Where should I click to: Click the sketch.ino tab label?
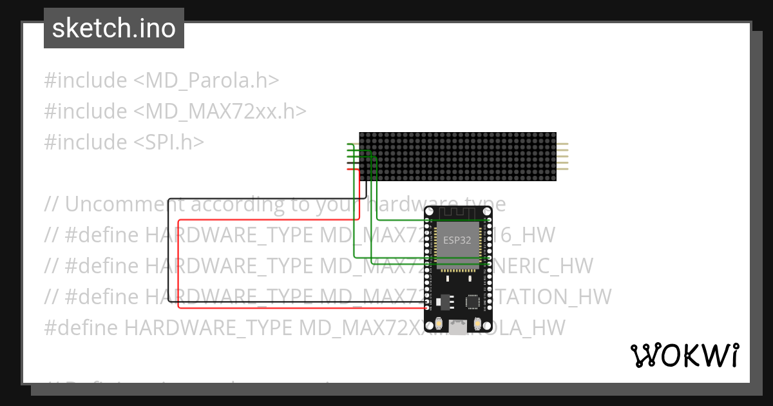point(113,28)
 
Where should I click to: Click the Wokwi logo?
point(684,355)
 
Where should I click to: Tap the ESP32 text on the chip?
point(457,240)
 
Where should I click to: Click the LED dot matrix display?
point(457,157)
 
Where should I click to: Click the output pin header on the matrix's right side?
point(562,157)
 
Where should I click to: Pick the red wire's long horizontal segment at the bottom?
point(303,308)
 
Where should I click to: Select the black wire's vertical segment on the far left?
point(167,251)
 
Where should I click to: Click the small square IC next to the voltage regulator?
point(473,301)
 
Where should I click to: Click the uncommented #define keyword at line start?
point(81,327)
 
